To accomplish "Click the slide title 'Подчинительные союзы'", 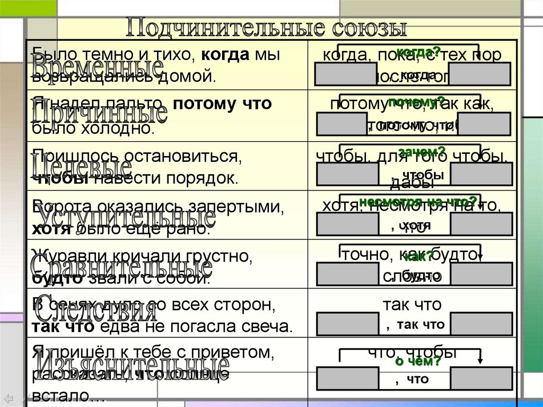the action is tap(266, 28).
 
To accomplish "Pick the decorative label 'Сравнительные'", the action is tap(122, 265).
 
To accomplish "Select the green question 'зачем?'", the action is tap(422, 152).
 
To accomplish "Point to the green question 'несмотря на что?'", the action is tap(418, 202).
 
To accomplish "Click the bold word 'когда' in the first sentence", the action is tap(225, 55).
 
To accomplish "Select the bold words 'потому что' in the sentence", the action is tap(222, 104).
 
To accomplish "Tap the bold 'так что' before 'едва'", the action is tap(63, 326).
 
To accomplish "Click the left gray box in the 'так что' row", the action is tap(348, 324).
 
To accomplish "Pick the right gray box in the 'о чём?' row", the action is tap(481, 378).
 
